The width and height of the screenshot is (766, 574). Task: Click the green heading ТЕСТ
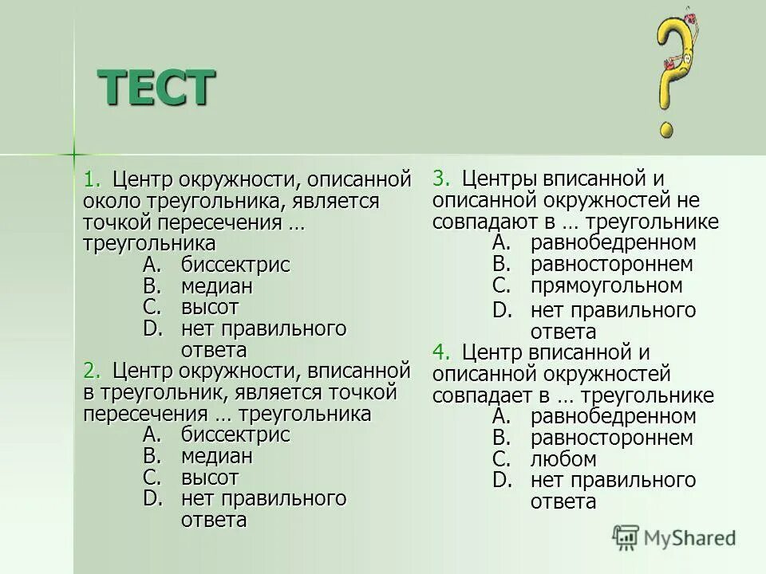click(x=156, y=87)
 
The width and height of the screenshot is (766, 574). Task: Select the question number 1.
click(x=90, y=178)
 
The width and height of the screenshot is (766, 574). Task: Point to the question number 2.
click(x=90, y=370)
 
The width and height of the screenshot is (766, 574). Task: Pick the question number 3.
click(x=440, y=178)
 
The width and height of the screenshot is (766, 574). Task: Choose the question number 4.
click(x=440, y=352)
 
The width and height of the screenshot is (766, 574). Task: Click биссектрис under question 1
click(x=235, y=265)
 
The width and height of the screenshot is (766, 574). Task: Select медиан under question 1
click(x=216, y=286)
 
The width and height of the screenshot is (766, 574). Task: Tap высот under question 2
click(x=209, y=478)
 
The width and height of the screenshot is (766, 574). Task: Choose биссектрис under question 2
click(x=235, y=434)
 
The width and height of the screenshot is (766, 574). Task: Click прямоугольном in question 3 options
click(x=606, y=285)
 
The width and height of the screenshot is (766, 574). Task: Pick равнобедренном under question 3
click(x=613, y=242)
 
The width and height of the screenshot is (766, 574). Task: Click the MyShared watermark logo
click(x=674, y=537)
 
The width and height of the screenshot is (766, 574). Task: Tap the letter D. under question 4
click(x=502, y=480)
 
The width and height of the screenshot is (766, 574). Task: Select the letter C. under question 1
click(x=152, y=307)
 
